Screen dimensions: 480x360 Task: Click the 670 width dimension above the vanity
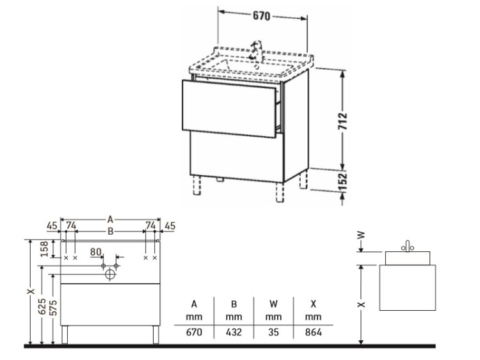tap(261, 15)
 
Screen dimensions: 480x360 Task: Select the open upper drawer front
tap(229, 109)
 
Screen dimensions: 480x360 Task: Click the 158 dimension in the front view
tap(45, 249)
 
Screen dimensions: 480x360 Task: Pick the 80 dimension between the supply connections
tap(95, 252)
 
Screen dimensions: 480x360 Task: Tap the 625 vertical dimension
tap(42, 306)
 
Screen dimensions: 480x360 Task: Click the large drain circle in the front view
tap(110, 274)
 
